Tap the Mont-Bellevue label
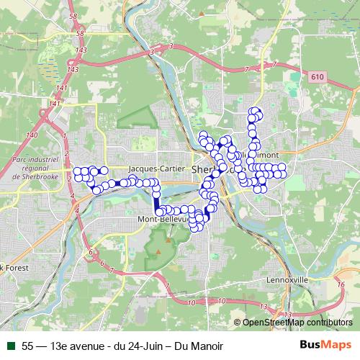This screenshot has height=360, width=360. pyautogui.click(x=163, y=217)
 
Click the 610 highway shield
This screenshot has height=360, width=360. pyautogui.click(x=318, y=76)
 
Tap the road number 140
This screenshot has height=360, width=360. pyautogui.click(x=31, y=135)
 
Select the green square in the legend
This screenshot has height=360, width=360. pyautogui.click(x=11, y=346)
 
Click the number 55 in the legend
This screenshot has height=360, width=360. pyautogui.click(x=27, y=346)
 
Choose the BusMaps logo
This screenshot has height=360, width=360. pyautogui.click(x=325, y=345)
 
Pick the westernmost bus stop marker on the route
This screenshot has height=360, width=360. pyautogui.click(x=76, y=173)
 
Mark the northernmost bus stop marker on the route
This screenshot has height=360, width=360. pyautogui.click(x=253, y=111)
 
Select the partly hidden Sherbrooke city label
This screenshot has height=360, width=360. pyautogui.click(x=204, y=168)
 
